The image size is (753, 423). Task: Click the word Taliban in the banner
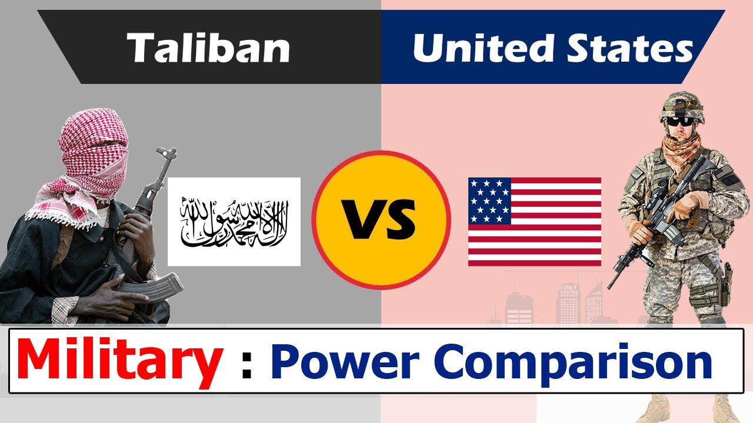[x=208, y=48]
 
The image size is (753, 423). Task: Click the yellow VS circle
[x=381, y=220]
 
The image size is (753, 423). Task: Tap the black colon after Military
[x=246, y=368]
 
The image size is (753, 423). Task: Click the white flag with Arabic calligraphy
[x=234, y=221]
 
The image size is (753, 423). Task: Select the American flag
[x=535, y=221]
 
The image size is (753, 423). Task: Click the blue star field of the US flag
[x=489, y=201]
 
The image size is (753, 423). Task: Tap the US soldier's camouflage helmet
[x=681, y=107]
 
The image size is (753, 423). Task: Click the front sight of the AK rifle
[x=167, y=153]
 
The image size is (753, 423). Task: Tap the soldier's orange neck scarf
[x=681, y=151]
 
